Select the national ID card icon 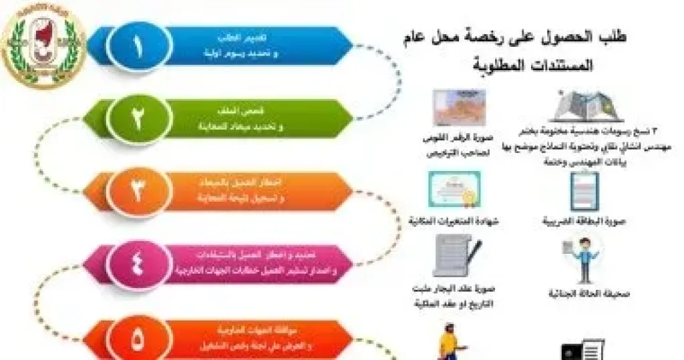[x=458, y=107]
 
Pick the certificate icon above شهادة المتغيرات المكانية [x=455, y=189]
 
